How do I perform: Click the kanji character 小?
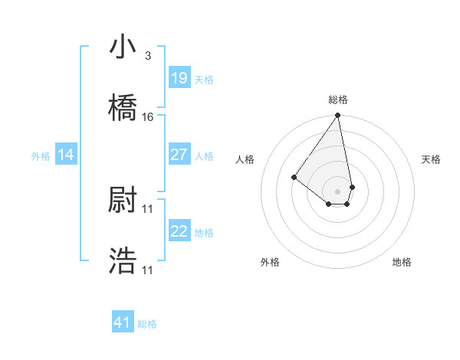(x=123, y=48)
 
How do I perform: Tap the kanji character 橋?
(x=123, y=107)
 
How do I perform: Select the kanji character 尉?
(x=123, y=201)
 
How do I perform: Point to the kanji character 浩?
(x=123, y=260)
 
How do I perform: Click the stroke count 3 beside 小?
(x=147, y=56)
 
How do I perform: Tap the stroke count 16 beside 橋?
(x=148, y=117)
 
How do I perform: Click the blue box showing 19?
(x=179, y=78)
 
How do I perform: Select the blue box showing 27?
(x=179, y=155)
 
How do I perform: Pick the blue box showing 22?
(x=179, y=231)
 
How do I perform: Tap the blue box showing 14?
(x=66, y=155)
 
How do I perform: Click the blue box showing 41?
(x=122, y=322)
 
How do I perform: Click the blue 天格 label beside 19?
(x=204, y=79)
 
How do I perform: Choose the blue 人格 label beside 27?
(x=204, y=155)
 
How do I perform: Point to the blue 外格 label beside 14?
(x=41, y=155)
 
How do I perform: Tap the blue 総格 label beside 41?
(x=147, y=323)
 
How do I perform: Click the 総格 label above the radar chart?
(x=338, y=100)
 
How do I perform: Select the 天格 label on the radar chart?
(x=431, y=159)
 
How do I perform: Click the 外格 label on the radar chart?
(x=270, y=262)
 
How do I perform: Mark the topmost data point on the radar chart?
(x=337, y=116)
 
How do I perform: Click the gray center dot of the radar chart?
(x=337, y=191)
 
